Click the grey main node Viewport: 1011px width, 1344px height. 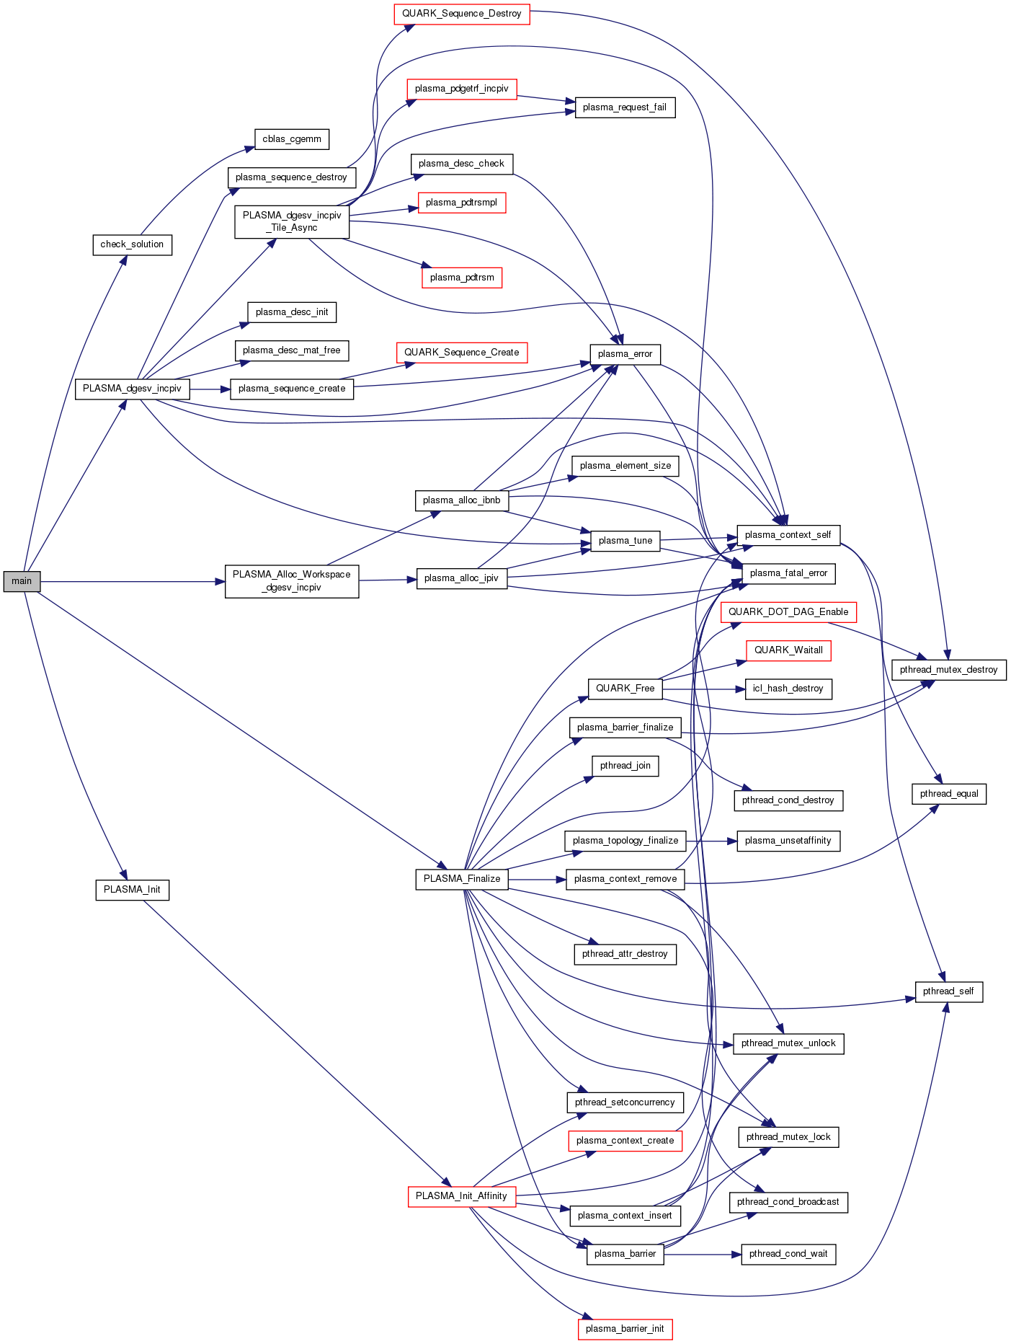[22, 581]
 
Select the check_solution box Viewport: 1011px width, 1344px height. [132, 244]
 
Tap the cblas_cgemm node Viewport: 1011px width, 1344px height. [292, 139]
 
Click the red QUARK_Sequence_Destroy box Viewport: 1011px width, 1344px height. [461, 14]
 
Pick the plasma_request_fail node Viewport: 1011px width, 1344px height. [625, 107]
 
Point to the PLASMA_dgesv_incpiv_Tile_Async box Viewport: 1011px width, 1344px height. [292, 221]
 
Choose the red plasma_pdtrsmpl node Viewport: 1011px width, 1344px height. [461, 203]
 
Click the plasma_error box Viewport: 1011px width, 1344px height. [625, 354]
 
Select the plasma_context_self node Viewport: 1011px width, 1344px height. [788, 535]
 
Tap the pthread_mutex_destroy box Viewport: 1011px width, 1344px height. [948, 670]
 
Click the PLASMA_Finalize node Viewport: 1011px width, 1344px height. [462, 879]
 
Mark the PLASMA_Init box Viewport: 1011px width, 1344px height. [132, 890]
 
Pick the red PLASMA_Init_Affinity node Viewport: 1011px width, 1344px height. [461, 1196]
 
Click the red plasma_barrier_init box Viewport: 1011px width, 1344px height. [625, 1329]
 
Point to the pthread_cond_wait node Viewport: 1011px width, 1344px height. [788, 1254]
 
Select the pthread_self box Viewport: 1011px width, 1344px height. [948, 991]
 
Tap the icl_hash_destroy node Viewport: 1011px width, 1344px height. [788, 689]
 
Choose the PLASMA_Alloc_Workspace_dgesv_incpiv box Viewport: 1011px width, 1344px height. [292, 581]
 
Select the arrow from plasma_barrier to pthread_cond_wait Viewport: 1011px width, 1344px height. [703, 1255]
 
